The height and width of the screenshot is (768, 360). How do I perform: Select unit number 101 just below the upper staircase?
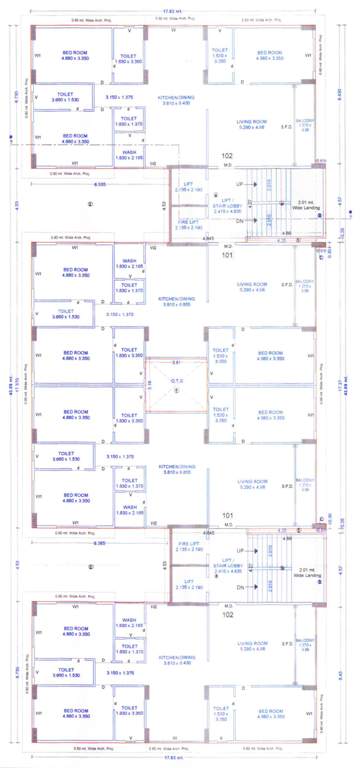tap(228, 255)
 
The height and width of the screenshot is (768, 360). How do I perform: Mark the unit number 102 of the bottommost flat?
tap(228, 615)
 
